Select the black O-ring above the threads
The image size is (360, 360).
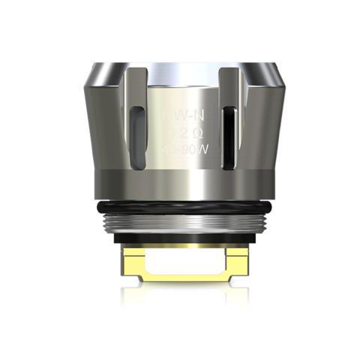180,205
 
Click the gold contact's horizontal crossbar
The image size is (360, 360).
180,279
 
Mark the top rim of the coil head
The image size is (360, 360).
180,55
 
